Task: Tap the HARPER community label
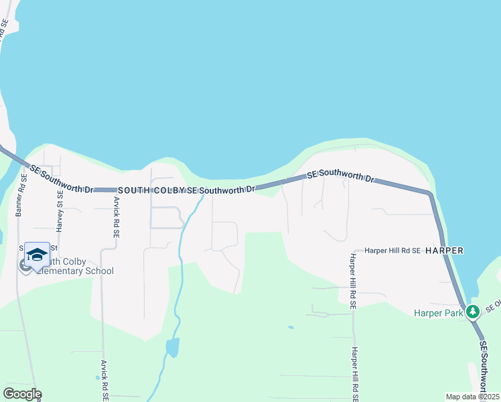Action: point(445,250)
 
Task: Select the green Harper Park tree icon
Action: point(473,312)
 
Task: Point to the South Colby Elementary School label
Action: point(74,267)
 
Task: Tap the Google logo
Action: point(22,394)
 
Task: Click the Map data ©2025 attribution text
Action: point(473,397)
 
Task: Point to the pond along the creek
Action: point(172,347)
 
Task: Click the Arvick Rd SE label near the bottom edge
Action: point(105,379)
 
